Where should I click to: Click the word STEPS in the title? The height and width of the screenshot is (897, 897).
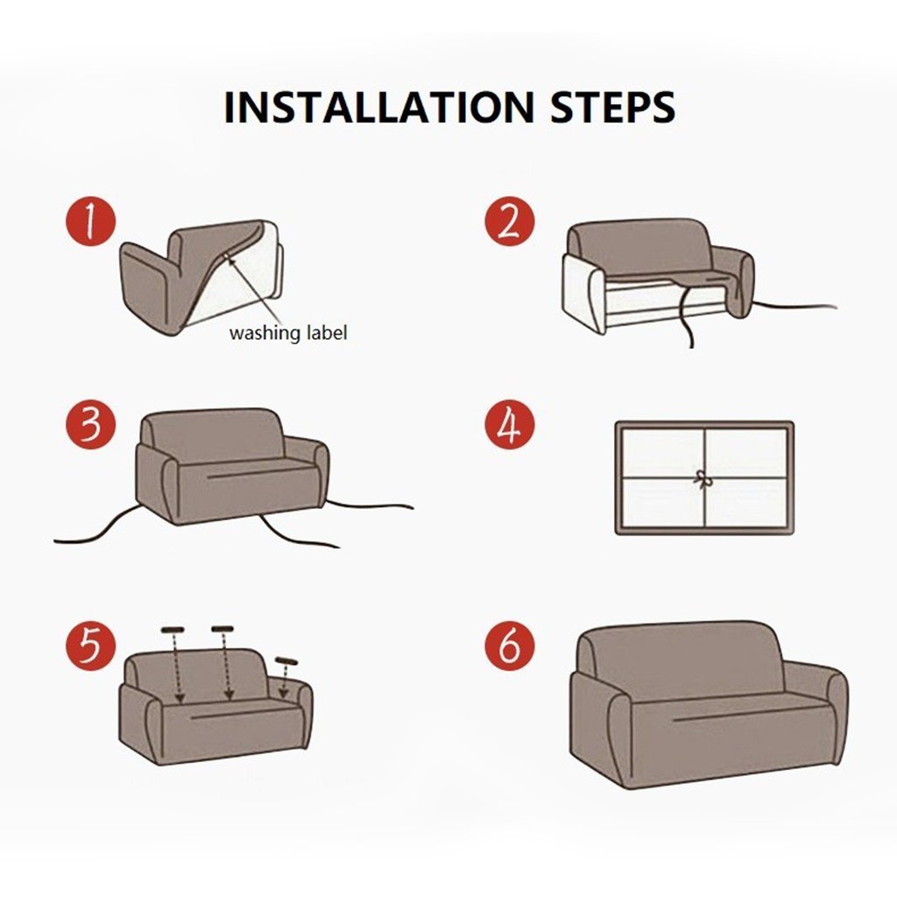pyautogui.click(x=612, y=107)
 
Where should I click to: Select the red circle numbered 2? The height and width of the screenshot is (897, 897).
pyautogui.click(x=509, y=222)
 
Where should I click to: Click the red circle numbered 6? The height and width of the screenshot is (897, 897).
pyautogui.click(x=509, y=647)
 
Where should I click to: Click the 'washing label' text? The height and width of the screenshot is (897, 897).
pyautogui.click(x=288, y=333)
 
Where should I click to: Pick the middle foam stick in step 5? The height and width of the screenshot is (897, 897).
pyautogui.click(x=222, y=628)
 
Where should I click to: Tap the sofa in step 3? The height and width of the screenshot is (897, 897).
pyautogui.click(x=232, y=469)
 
